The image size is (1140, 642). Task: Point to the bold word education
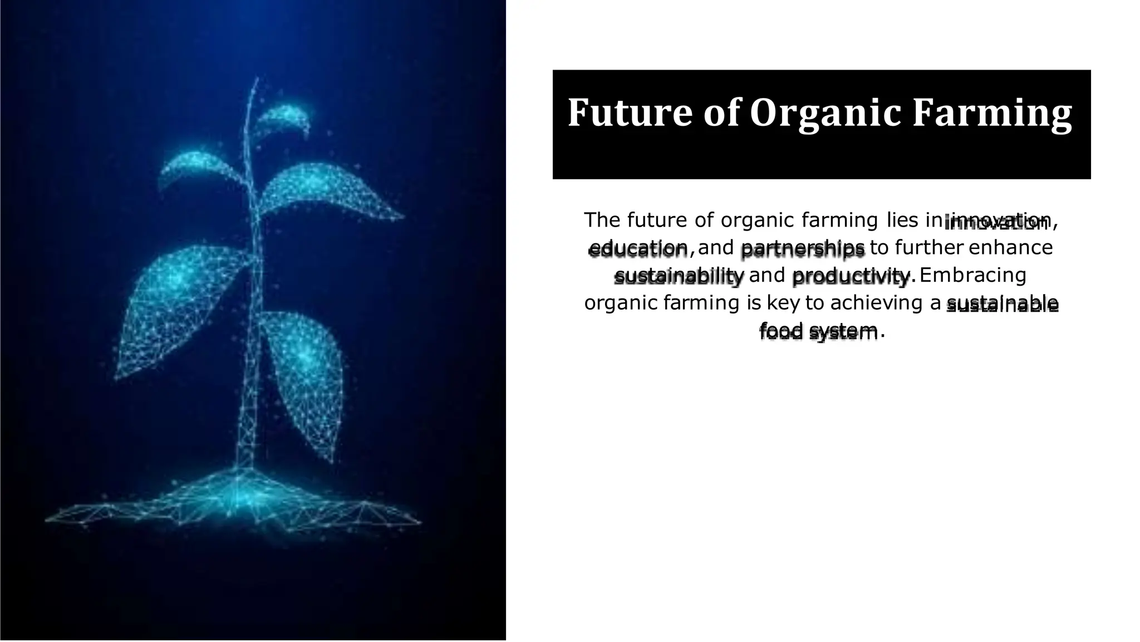[x=638, y=248]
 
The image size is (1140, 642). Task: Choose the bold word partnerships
[x=803, y=248]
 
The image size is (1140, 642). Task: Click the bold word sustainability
[x=679, y=276]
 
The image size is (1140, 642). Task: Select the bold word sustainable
[x=1002, y=304]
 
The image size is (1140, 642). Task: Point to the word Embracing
[x=973, y=275]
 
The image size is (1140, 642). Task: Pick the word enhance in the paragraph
[x=1010, y=248]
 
